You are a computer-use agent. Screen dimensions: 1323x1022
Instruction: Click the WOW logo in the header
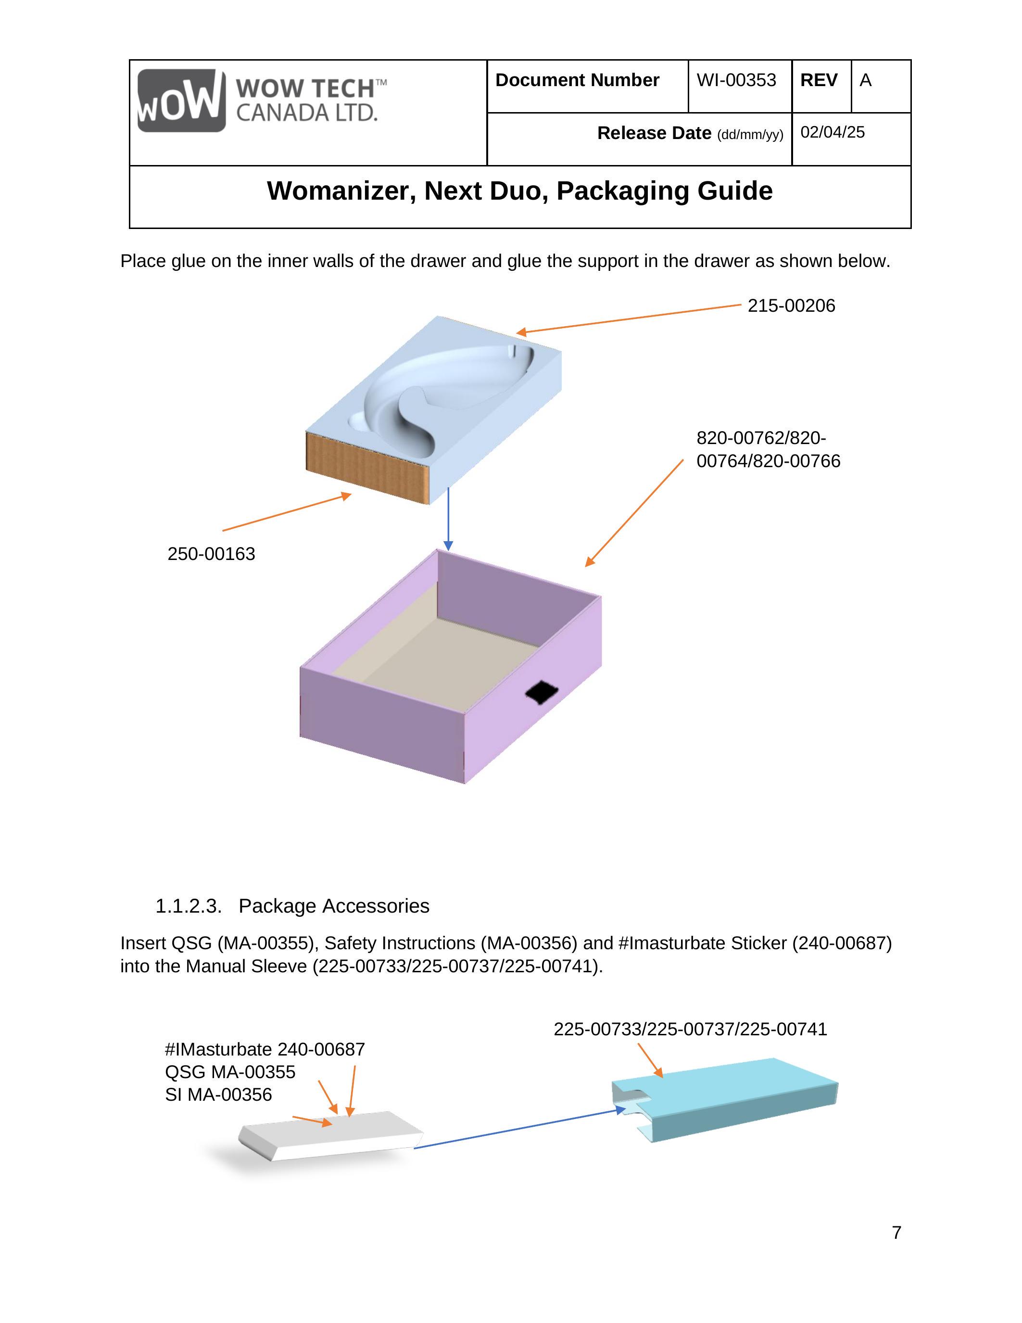tap(182, 101)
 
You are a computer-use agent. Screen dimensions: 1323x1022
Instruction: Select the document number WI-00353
tap(736, 80)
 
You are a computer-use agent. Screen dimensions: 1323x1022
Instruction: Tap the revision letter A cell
tap(866, 80)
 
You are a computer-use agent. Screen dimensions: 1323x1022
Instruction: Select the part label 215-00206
tap(791, 306)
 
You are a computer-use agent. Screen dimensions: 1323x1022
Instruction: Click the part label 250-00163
tap(211, 554)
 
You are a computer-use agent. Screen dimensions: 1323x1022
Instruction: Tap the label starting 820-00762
tap(768, 449)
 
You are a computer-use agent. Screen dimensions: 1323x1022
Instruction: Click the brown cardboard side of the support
tap(367, 467)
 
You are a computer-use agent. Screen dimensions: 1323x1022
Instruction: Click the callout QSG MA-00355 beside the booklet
tap(230, 1071)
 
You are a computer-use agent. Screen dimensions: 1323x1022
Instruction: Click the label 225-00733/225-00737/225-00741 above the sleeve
tap(690, 1029)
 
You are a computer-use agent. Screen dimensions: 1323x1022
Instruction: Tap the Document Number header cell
tap(577, 80)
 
